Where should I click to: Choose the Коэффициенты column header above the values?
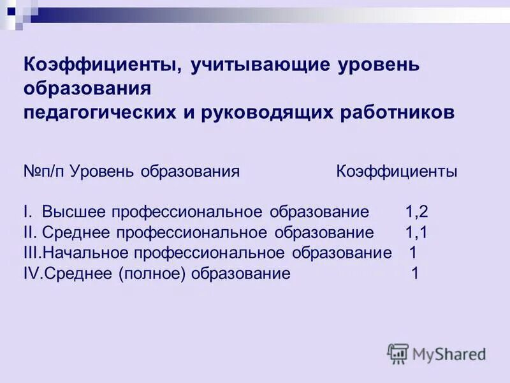click(397, 172)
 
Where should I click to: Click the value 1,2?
click(416, 211)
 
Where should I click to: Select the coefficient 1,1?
click(416, 232)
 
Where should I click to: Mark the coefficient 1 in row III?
click(413, 252)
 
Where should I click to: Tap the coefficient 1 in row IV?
click(415, 273)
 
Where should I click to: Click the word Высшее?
click(75, 211)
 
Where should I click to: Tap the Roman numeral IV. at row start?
click(33, 273)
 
